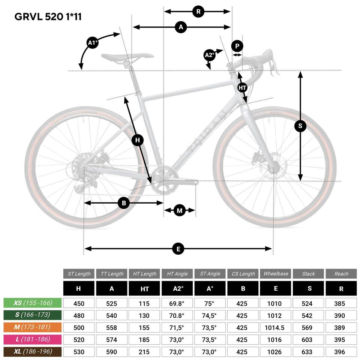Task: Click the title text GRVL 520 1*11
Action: point(48,16)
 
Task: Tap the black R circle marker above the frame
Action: point(198,12)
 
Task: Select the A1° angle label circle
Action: point(93,43)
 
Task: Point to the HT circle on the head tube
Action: point(243,88)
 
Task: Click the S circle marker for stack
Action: point(300,126)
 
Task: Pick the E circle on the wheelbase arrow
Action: point(178,249)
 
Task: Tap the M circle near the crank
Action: point(180,211)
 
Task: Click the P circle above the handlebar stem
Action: point(237,46)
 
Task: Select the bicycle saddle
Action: point(127,57)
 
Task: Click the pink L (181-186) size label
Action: point(33,340)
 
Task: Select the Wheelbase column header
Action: point(276,274)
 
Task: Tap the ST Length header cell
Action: point(79,274)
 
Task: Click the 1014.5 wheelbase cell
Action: point(276,328)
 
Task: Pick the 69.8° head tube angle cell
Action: point(177,303)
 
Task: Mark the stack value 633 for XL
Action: point(308,352)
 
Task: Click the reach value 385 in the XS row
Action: point(341,303)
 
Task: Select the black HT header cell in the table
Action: point(144,289)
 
